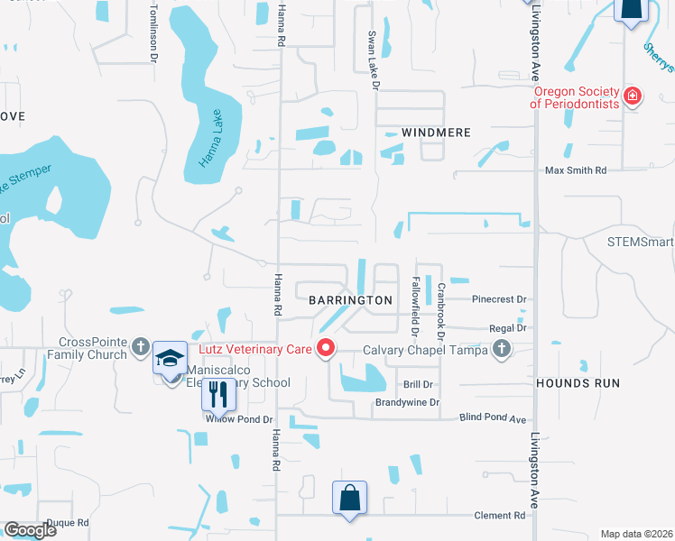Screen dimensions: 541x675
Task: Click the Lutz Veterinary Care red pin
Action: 326,347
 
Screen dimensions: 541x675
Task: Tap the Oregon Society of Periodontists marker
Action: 633,96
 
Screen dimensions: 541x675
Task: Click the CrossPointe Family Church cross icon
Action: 140,346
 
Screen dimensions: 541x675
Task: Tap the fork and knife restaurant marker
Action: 217,394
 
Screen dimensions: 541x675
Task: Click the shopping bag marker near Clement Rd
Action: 349,498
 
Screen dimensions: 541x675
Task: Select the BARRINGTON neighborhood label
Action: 350,299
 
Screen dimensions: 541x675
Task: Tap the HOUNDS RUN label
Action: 578,383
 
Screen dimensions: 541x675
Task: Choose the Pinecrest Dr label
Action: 499,298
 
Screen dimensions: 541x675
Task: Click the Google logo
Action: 30,530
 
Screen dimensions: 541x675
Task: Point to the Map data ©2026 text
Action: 635,534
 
